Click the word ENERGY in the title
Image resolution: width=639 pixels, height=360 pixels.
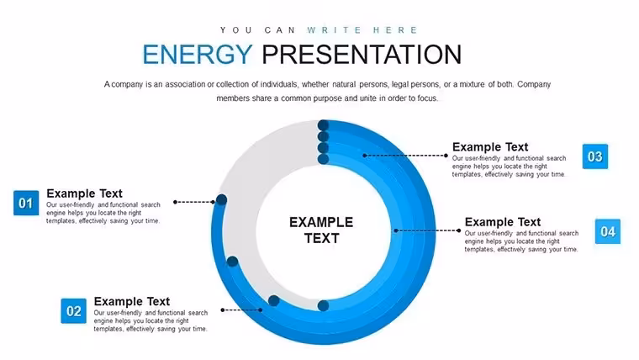click(198, 55)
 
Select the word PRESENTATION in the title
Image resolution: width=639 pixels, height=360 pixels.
click(362, 55)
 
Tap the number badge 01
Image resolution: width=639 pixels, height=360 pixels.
click(26, 203)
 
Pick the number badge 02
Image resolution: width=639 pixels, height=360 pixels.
click(74, 311)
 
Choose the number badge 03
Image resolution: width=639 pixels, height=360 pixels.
click(595, 156)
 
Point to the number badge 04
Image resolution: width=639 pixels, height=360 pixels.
click(608, 231)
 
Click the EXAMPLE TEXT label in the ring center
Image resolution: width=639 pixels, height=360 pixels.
click(321, 230)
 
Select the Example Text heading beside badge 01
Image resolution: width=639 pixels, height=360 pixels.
click(84, 193)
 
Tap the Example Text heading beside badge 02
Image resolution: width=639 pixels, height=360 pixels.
click(132, 301)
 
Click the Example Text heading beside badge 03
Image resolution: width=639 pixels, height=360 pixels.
click(490, 146)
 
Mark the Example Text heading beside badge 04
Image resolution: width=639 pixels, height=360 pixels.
click(503, 222)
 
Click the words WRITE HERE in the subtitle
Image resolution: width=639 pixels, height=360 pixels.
click(362, 30)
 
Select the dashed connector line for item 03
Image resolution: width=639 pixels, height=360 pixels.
click(405, 156)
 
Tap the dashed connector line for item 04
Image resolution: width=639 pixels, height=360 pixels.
click(426, 230)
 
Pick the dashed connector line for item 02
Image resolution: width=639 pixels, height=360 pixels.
click(241, 310)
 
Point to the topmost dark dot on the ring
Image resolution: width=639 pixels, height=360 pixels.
click(323, 125)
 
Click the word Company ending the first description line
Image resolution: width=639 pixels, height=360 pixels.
click(534, 84)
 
